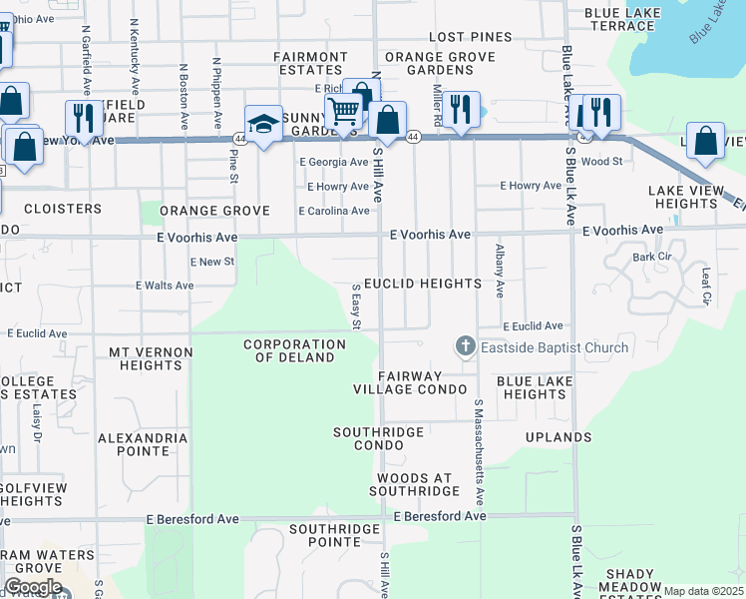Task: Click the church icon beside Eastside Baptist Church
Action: click(465, 347)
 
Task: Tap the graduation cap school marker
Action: click(263, 124)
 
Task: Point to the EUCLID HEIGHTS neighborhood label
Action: click(422, 284)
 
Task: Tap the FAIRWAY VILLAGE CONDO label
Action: click(411, 381)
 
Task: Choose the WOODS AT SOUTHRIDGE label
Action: click(414, 483)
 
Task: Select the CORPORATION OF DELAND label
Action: click(295, 350)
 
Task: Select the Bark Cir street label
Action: click(651, 257)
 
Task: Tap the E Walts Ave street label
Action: click(165, 286)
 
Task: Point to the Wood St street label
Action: click(600, 161)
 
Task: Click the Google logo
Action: click(33, 587)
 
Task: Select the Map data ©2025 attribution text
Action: click(703, 591)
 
